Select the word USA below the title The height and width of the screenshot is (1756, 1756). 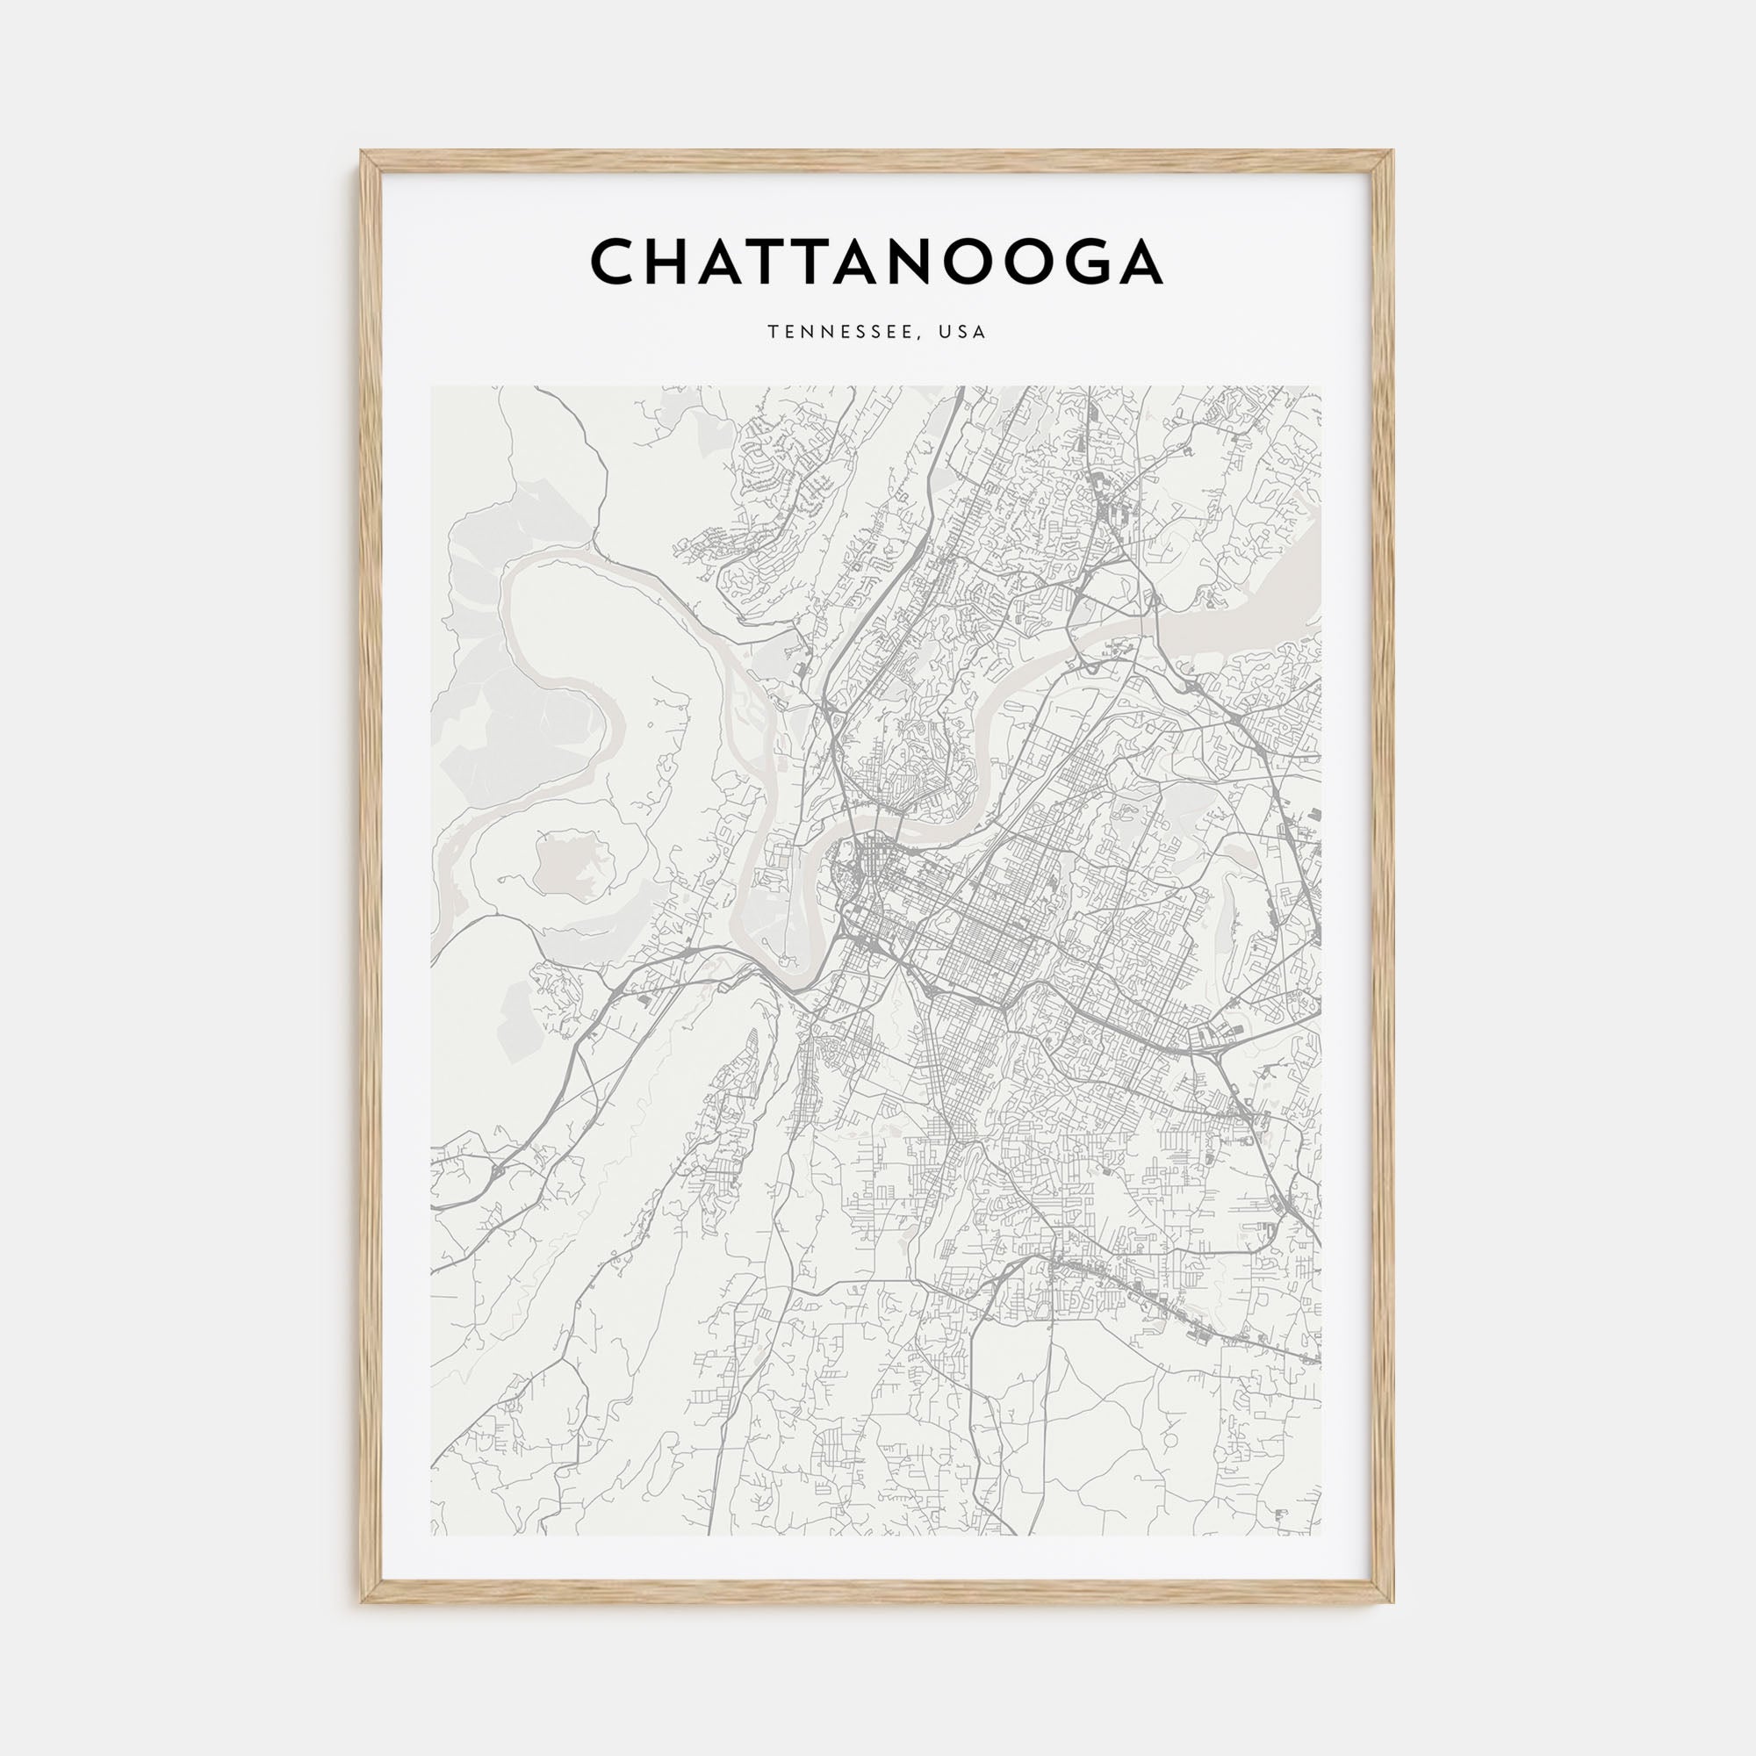pyautogui.click(x=963, y=333)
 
